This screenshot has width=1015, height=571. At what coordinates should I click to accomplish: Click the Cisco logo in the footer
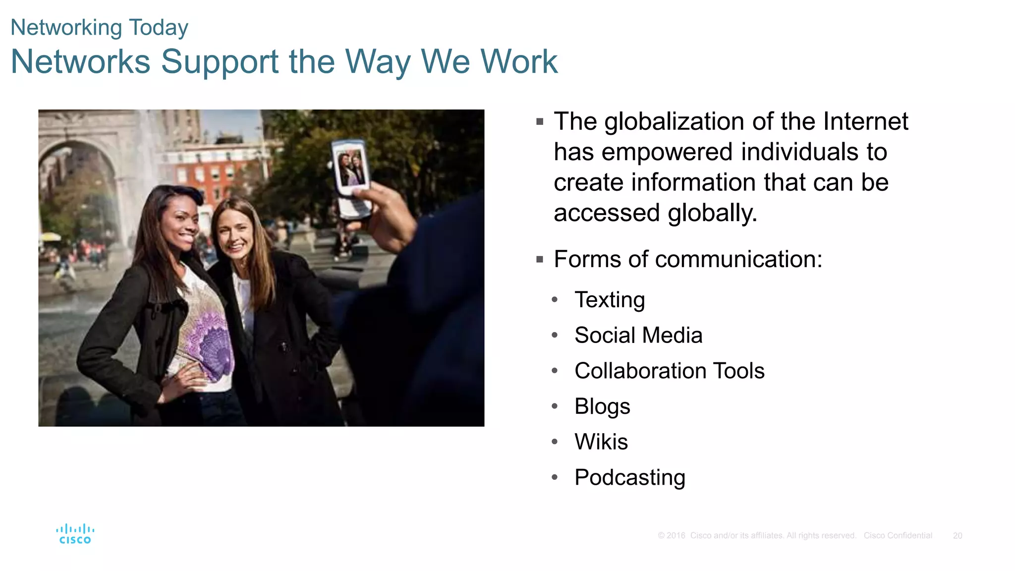pos(75,534)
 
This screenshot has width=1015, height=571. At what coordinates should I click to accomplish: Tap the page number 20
pos(957,536)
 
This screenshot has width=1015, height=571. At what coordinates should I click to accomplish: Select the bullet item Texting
pos(610,300)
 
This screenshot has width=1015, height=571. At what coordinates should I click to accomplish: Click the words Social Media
pos(638,336)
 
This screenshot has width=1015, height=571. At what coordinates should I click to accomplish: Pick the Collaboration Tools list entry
pos(669,371)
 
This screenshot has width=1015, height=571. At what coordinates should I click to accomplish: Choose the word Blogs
pos(602,406)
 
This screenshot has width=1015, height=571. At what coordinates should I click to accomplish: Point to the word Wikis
pos(601,442)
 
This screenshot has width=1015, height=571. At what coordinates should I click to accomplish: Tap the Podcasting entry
pos(629,477)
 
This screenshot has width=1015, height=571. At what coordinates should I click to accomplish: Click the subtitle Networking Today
pos(99,28)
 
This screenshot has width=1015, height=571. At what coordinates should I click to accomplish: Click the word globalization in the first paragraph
pos(674,122)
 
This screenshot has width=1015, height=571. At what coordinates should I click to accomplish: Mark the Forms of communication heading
pos(688,259)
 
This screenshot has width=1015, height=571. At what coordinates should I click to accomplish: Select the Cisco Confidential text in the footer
pos(898,536)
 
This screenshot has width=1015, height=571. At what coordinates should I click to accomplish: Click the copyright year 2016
pos(676,536)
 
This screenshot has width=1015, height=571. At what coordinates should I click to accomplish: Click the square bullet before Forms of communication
pos(540,259)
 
